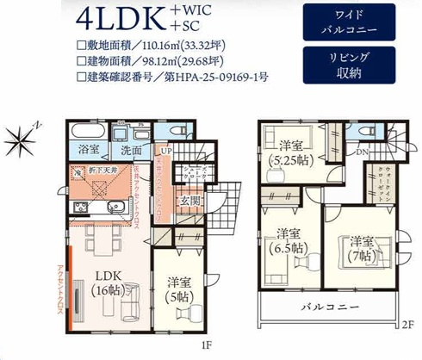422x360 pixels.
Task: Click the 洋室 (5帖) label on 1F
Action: click(x=179, y=289)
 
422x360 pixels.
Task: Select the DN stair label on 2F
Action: click(x=363, y=152)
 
